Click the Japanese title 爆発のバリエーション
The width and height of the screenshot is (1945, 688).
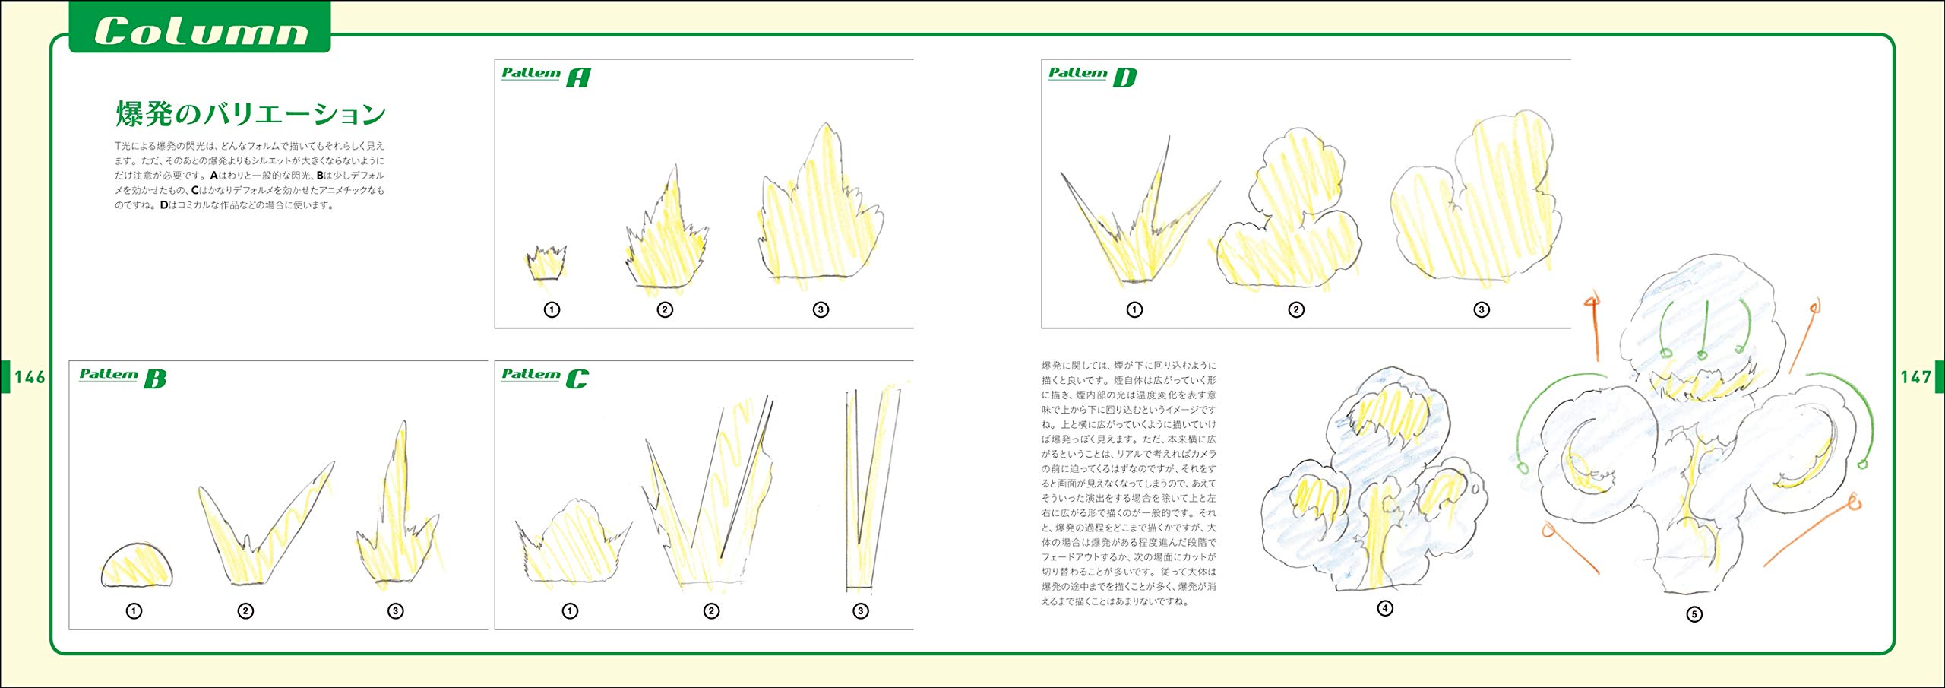(x=251, y=114)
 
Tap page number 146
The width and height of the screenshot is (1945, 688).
(x=29, y=377)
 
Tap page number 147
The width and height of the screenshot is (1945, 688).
(x=1915, y=377)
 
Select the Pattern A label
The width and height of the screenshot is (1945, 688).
(x=546, y=75)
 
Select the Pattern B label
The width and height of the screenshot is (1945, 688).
(x=122, y=376)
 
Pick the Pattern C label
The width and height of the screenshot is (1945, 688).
(x=545, y=376)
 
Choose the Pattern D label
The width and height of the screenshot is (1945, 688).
(x=1092, y=75)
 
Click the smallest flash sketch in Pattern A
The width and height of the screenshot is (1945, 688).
(x=546, y=263)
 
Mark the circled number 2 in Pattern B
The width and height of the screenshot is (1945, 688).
(x=245, y=610)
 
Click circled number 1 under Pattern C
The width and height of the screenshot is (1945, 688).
(x=570, y=610)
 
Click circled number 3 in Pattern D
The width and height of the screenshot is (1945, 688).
(x=1481, y=309)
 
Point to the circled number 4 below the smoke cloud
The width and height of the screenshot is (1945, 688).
(x=1385, y=608)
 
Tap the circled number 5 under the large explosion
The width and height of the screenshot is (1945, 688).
(x=1694, y=614)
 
